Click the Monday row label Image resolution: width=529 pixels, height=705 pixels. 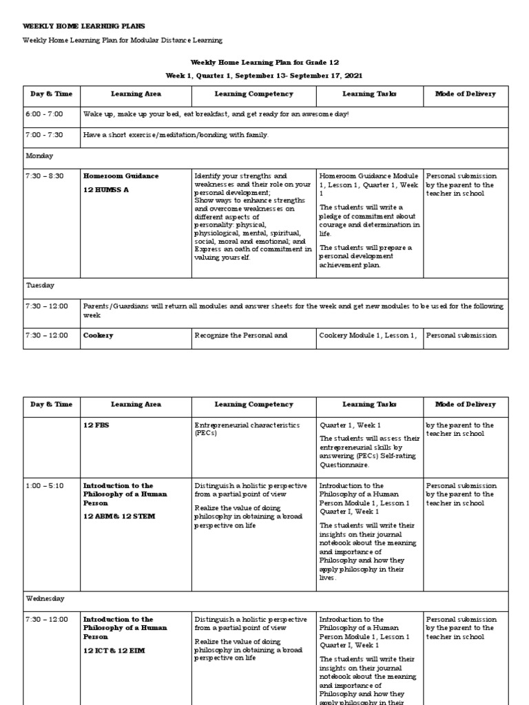point(39,156)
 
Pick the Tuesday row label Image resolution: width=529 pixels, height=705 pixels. point(40,285)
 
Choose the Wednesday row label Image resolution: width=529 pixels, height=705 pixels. point(45,599)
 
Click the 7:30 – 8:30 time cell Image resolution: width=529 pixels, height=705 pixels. point(44,176)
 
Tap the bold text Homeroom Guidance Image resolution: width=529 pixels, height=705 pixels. point(121,176)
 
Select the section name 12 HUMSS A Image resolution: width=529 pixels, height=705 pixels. point(105,189)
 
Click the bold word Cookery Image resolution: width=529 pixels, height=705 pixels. point(98,335)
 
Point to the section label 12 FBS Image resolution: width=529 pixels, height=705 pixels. point(96,425)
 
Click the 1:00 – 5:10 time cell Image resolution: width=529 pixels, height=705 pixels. point(44,486)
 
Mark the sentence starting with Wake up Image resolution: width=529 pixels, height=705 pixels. point(216,114)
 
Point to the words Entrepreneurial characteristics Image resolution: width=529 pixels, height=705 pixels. point(247,425)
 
